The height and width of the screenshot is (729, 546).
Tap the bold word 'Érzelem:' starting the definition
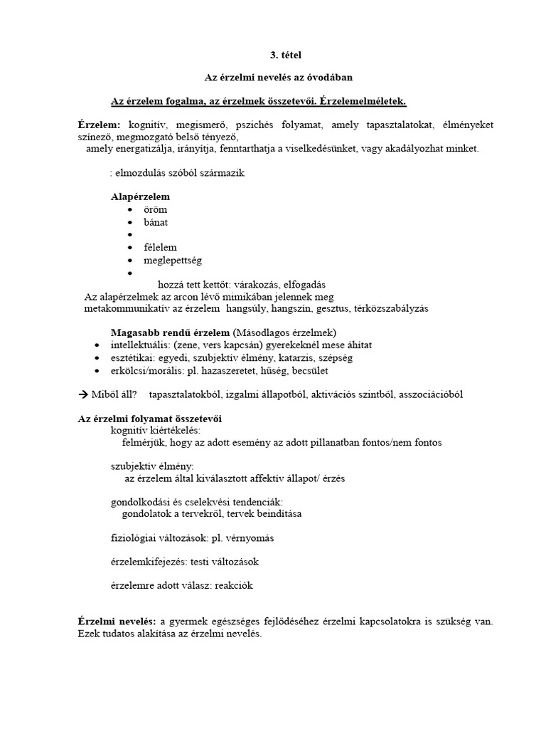pos(99,125)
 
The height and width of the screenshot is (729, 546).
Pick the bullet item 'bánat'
pos(156,222)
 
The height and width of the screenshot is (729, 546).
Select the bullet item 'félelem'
pos(160,247)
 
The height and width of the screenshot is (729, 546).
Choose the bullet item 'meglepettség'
pos(172,260)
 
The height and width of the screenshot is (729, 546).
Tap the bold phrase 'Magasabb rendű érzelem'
pos(171,332)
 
